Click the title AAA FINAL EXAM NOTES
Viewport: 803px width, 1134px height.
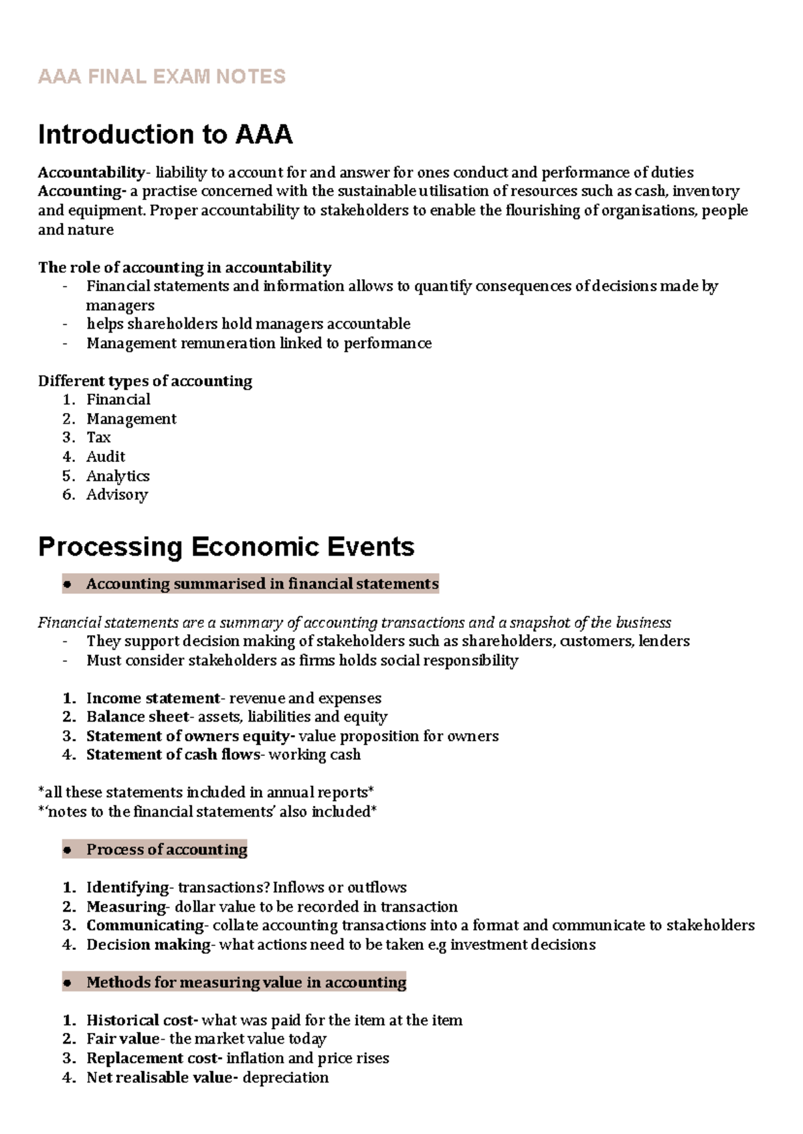click(x=161, y=76)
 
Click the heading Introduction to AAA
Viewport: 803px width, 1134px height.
click(x=165, y=135)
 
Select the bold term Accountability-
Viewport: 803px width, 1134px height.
click(x=92, y=173)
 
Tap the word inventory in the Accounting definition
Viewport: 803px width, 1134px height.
click(x=705, y=191)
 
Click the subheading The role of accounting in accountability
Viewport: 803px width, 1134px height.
click(x=184, y=268)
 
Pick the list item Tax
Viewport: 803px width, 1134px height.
click(x=98, y=438)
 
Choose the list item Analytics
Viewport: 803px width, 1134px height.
click(x=118, y=476)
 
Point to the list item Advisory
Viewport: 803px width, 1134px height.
click(x=117, y=495)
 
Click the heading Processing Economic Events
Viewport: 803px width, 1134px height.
click(x=226, y=547)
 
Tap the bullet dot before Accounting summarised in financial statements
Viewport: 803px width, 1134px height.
click(x=67, y=584)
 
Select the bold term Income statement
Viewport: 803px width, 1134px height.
click(x=153, y=698)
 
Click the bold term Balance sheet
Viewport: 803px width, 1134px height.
click(x=137, y=717)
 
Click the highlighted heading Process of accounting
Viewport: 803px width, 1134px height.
click(x=167, y=849)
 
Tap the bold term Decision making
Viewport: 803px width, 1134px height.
click(x=148, y=945)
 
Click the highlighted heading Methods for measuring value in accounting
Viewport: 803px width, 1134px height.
click(x=246, y=982)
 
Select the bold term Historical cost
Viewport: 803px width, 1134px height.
click(x=141, y=1020)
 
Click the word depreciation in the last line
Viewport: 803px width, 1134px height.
click(x=286, y=1078)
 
